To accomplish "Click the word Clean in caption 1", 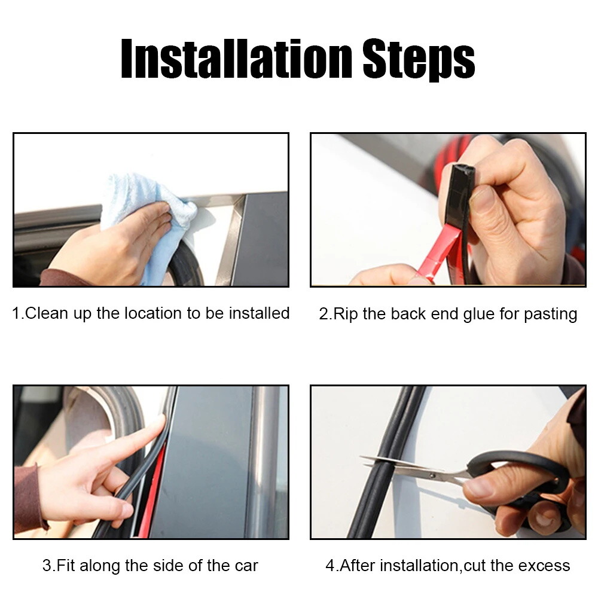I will (x=45, y=313).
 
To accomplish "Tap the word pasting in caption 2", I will (x=551, y=314).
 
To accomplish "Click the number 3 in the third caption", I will (x=45, y=565).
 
